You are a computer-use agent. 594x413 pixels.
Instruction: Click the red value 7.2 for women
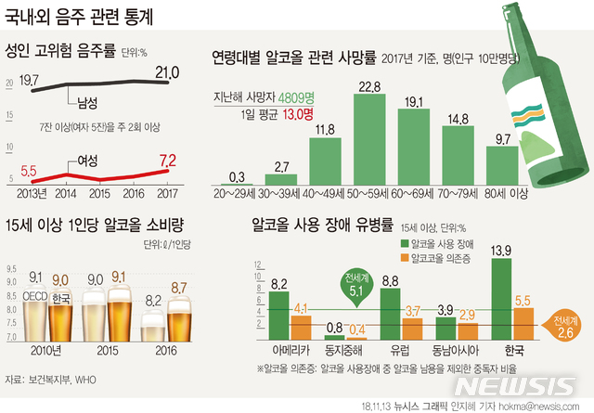(167, 161)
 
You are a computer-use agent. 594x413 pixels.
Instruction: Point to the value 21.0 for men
(167, 72)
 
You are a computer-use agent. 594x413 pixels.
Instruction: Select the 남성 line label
(88, 99)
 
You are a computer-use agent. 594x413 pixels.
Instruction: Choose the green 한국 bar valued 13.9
(501, 301)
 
